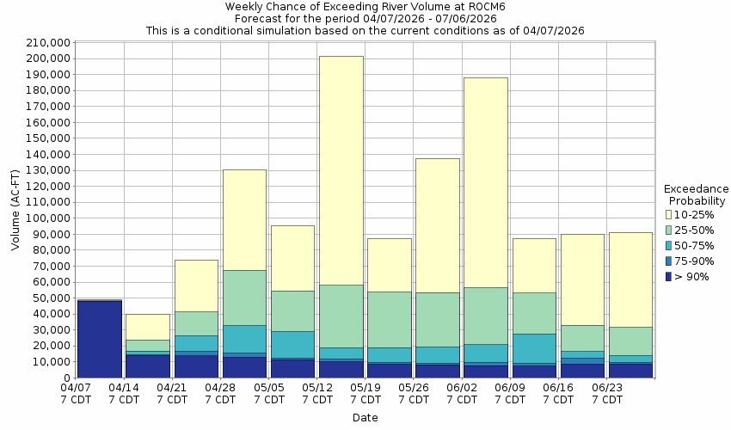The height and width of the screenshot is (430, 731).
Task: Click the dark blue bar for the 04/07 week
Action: [x=100, y=339]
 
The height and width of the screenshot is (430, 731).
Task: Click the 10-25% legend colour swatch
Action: [x=669, y=214]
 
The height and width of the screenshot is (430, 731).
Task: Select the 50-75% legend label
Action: [x=693, y=246]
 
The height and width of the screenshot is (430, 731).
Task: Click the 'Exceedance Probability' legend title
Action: [x=697, y=195]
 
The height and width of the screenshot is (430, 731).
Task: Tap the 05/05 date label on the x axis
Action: [x=269, y=394]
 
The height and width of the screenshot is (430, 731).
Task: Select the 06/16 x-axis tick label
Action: [x=559, y=394]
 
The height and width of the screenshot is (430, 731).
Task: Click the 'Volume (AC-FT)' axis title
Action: [x=15, y=211]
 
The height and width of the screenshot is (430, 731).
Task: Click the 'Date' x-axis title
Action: [x=365, y=418]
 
